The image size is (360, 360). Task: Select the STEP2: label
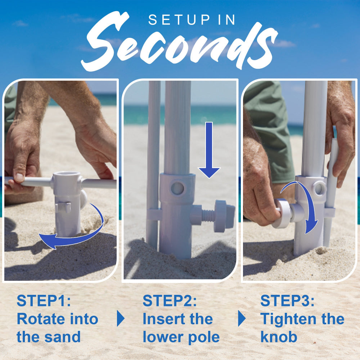(170, 301)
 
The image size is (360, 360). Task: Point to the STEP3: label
(287, 301)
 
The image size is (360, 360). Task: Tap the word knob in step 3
(279, 337)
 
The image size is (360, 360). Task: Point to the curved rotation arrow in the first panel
(72, 234)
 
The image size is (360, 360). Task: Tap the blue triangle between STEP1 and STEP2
(121, 319)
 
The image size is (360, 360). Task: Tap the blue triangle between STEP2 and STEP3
(242, 319)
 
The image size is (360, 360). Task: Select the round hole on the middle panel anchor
(177, 188)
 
